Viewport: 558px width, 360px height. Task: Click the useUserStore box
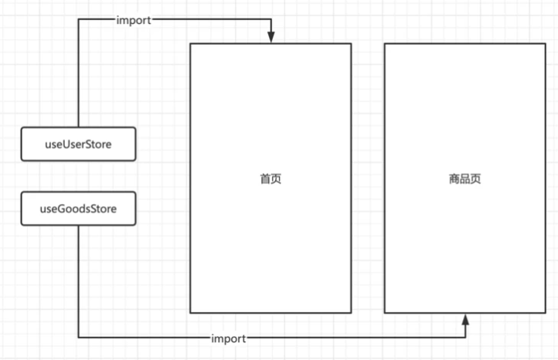[x=78, y=144]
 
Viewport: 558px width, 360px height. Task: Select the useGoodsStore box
[x=78, y=209]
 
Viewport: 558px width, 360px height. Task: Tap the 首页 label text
[x=270, y=178]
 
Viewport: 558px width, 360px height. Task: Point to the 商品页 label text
[x=465, y=178]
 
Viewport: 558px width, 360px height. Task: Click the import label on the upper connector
[x=133, y=20]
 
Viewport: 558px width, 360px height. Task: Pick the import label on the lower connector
[x=228, y=338]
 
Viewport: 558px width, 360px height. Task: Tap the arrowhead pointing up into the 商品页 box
[x=465, y=318]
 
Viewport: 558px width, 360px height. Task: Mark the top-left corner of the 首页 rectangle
[x=190, y=44]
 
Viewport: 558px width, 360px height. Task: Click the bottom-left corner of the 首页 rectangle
[x=190, y=313]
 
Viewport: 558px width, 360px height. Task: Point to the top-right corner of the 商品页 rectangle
[x=546, y=44]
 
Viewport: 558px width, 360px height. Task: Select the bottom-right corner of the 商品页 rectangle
[x=546, y=313]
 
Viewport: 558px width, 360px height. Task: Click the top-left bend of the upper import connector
[x=79, y=20]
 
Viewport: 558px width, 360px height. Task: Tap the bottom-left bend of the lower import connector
[x=79, y=338]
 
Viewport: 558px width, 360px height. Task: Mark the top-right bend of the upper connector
[x=271, y=20]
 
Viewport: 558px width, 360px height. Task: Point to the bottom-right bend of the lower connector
[x=465, y=338]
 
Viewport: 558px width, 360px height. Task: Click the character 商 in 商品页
[x=454, y=178]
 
